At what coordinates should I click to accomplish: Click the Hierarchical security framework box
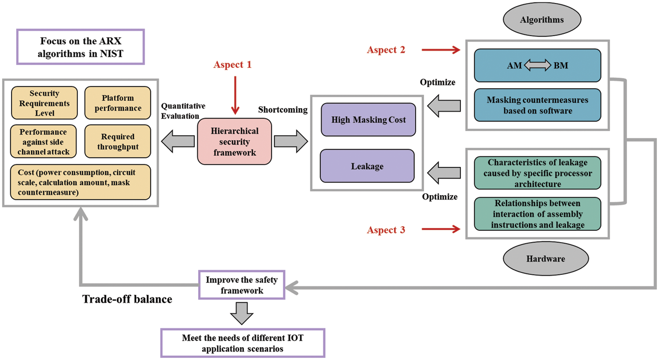234,142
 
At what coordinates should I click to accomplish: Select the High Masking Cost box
368,120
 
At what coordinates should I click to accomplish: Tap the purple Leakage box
367,166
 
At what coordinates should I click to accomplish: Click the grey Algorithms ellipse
542,20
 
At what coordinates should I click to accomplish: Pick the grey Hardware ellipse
545,259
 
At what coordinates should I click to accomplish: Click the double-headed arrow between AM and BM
537,66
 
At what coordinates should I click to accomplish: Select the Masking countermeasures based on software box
537,105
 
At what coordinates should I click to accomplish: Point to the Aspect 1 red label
232,65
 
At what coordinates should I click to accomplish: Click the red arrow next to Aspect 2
441,50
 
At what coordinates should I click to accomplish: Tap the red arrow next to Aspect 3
441,229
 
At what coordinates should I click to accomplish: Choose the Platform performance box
118,103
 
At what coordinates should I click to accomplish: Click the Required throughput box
118,142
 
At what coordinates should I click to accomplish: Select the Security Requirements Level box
44,103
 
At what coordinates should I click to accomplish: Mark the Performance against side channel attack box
43,142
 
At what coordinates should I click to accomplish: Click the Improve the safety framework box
241,285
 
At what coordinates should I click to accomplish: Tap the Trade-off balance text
127,299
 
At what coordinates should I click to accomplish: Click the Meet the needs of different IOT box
243,343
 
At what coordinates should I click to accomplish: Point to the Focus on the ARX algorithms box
81,47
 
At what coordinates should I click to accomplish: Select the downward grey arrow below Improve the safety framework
241,313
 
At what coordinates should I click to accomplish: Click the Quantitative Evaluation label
183,111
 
